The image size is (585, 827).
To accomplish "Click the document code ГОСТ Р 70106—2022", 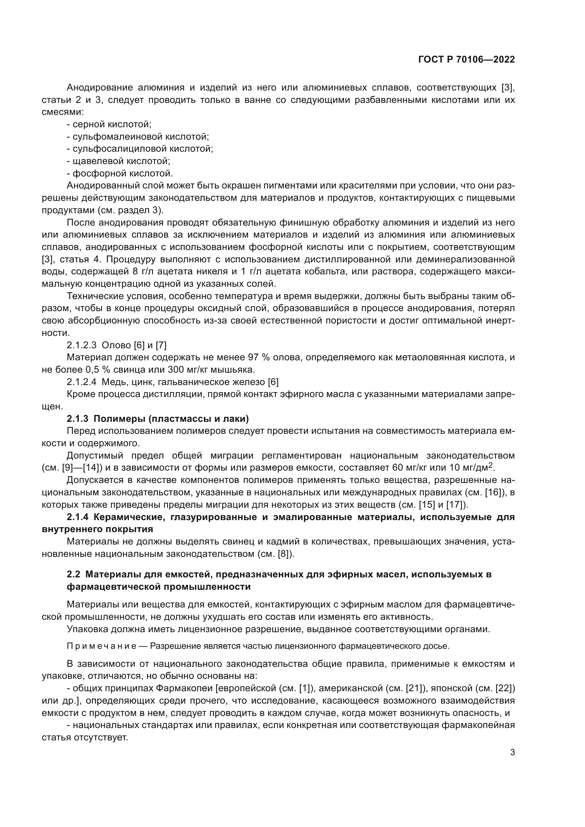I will click(x=467, y=60).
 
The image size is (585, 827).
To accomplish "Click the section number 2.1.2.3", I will click(x=81, y=345).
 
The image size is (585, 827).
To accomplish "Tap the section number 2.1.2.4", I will click(x=81, y=382).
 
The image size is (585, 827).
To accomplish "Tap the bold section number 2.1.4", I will click(x=77, y=517).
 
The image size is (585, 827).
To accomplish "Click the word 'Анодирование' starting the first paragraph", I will click(x=93, y=88).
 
